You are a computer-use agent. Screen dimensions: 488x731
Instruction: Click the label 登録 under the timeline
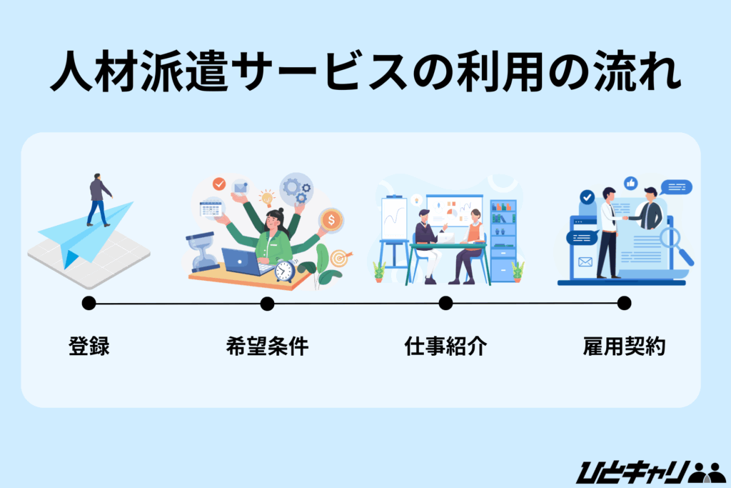tap(89, 347)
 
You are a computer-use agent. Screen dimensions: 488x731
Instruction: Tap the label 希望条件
tap(267, 347)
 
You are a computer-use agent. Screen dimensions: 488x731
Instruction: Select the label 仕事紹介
tap(445, 347)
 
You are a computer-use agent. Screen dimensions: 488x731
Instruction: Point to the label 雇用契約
tap(624, 347)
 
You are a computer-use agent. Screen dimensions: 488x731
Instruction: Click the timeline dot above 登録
tap(89, 303)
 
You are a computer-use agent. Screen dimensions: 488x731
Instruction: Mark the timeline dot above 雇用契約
tap(624, 303)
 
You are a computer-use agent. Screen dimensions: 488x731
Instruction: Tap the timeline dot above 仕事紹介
tap(445, 303)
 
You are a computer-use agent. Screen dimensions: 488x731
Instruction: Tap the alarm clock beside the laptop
tap(285, 271)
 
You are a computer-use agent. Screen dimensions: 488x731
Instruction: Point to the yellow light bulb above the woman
tap(268, 197)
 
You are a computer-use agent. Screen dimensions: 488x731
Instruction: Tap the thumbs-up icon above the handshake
tap(630, 184)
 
